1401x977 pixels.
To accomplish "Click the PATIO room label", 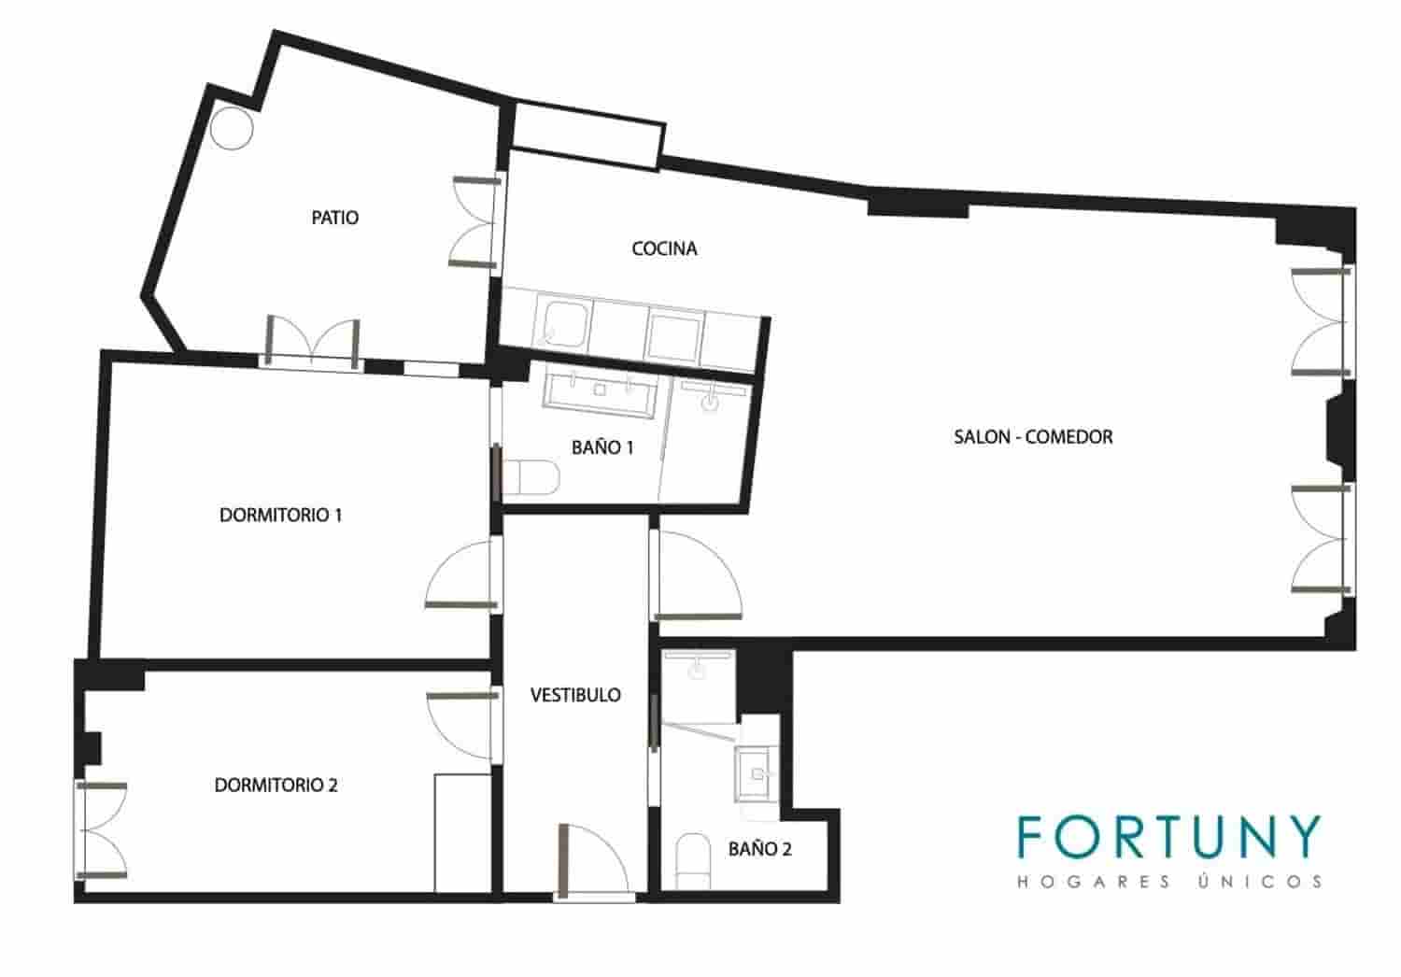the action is (x=334, y=218).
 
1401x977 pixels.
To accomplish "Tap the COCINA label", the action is (x=664, y=248).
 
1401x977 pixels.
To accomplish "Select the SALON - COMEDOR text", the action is (x=1033, y=436).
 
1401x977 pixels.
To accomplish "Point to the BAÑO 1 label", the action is (x=602, y=447).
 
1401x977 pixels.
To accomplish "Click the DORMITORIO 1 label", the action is (x=281, y=515).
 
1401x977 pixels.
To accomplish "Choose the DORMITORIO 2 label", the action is (x=276, y=785).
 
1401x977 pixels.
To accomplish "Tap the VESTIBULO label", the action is (x=575, y=695).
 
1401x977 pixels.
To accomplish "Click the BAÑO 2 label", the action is (x=760, y=849).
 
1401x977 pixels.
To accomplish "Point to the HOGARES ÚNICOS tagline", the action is (x=1169, y=882).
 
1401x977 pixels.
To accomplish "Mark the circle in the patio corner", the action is (x=232, y=128).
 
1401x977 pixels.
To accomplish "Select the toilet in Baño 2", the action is (x=693, y=860).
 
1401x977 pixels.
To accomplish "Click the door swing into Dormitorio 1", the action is (x=461, y=574).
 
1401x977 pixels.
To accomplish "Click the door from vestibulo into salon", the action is (x=698, y=575).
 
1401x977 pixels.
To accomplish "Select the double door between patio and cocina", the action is (x=476, y=222).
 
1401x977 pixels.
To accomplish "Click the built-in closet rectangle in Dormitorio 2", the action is (x=463, y=833).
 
